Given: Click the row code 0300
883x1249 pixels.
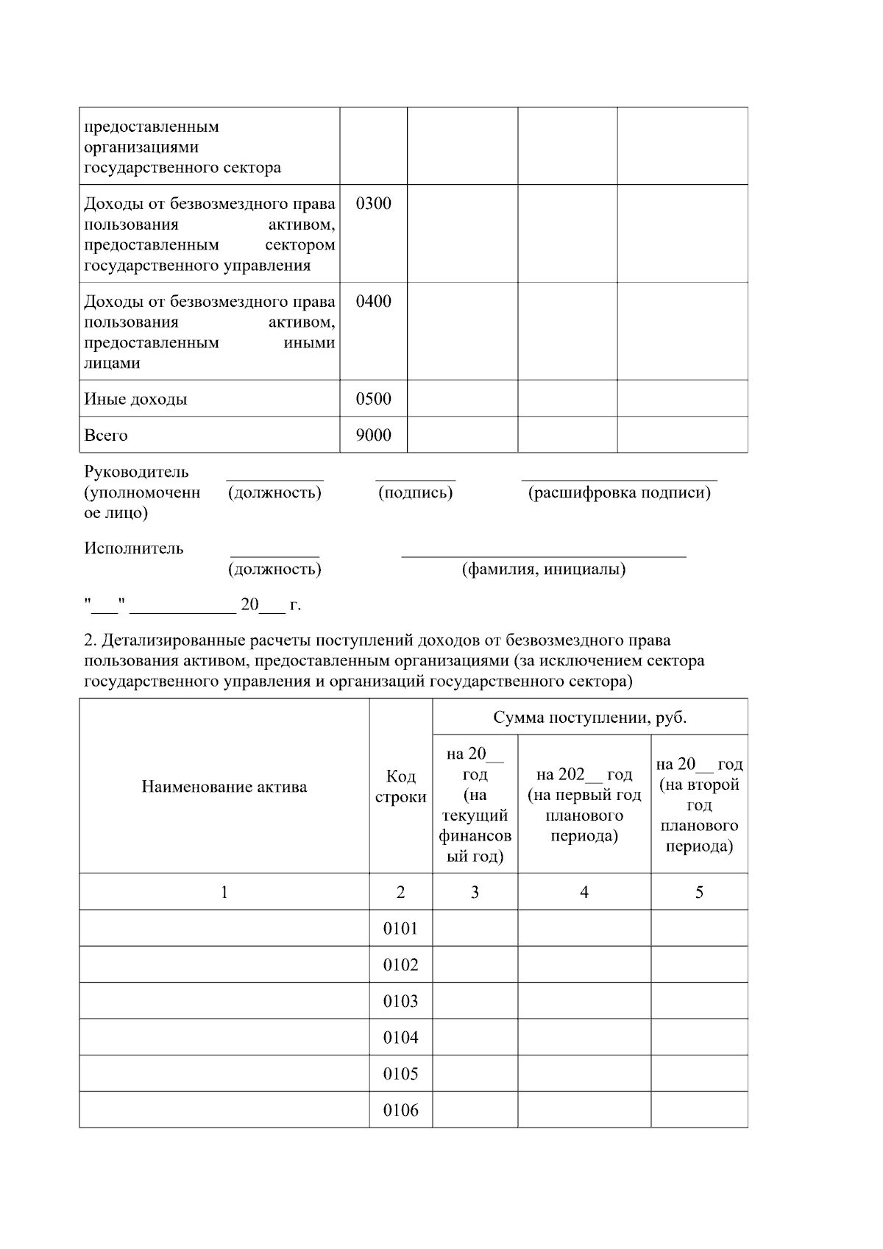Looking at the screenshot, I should click(x=373, y=204).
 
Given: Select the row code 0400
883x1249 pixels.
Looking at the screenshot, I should click(x=373, y=302).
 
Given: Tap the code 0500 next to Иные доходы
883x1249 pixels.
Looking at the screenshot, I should click(x=373, y=399).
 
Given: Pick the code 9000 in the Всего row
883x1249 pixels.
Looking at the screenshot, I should click(x=373, y=435).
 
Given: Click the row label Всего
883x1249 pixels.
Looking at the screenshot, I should click(x=106, y=435).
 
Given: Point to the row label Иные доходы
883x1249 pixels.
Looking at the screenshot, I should click(x=135, y=399).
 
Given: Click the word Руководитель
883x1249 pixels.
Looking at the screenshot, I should click(x=136, y=472).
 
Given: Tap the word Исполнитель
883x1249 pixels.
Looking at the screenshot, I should click(x=134, y=548).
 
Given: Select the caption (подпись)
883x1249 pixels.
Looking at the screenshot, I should click(x=415, y=492).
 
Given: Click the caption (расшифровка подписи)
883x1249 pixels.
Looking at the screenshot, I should click(x=619, y=492).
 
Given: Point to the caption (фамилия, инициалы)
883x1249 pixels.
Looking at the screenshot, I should click(x=544, y=569).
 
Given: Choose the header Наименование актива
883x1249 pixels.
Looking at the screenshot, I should click(x=224, y=787).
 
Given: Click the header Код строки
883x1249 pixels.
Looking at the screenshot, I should click(x=400, y=787).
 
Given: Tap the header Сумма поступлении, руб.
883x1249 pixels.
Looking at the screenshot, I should click(x=589, y=718).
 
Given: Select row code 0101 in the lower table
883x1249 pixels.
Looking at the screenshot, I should click(x=400, y=929).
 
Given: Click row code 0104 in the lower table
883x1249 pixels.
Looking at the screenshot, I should click(x=400, y=1038).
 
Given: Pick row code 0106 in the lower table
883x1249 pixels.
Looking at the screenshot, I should click(x=400, y=1110).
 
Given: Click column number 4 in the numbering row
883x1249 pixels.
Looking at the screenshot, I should click(x=584, y=893).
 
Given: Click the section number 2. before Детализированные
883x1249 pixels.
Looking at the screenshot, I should click(x=89, y=640).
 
